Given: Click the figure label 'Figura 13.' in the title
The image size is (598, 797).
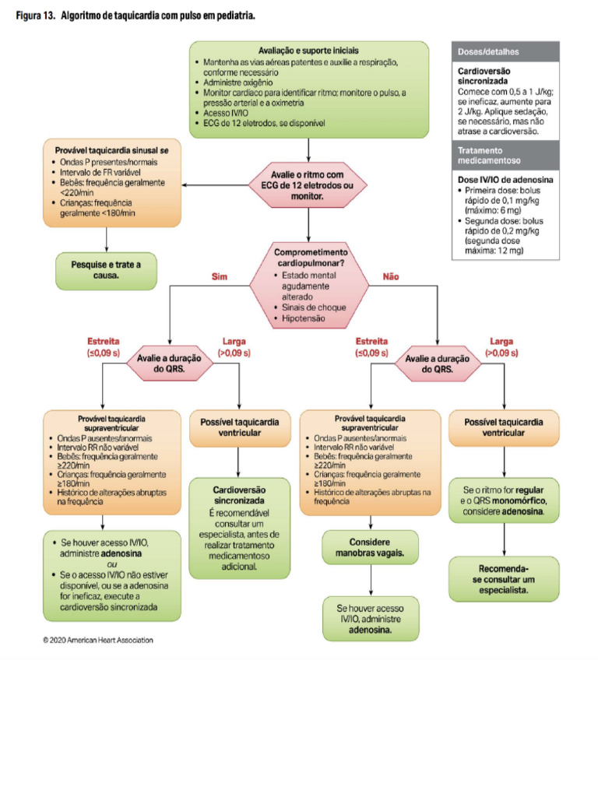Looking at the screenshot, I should coord(33,16).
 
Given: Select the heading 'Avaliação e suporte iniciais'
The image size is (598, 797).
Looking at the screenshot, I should coord(308,51).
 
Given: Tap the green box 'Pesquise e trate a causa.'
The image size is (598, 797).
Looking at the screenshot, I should coord(106,270).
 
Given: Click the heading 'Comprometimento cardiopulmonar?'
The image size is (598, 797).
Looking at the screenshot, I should coord(311,258).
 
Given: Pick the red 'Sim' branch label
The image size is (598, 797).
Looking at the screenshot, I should coord(219,276).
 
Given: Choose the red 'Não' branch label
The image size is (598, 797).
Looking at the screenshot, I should coord(390,276).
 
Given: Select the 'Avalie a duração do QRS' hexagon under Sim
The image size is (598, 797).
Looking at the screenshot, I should coord(169,363).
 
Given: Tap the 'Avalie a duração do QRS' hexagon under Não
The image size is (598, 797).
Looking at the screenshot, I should coord(438,363).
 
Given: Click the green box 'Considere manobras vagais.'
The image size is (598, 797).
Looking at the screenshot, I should coord(370,547).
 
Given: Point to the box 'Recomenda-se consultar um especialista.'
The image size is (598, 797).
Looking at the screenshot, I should coord(504,578).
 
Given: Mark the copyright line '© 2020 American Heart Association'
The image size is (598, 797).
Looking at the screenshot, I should coord(98,640).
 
